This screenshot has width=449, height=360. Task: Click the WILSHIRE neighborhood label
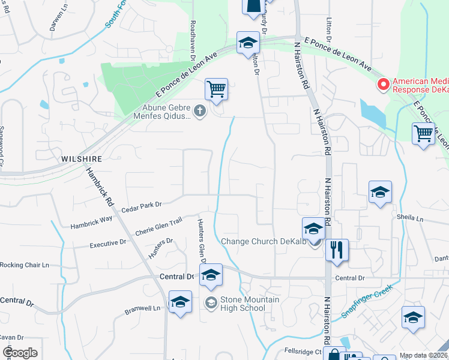coord(81,158)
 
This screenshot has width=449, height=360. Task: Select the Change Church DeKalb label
coord(263,242)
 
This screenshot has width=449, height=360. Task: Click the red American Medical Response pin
coord(382,85)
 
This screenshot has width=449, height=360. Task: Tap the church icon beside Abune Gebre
coord(200,110)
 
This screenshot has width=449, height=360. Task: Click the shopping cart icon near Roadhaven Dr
coord(216,89)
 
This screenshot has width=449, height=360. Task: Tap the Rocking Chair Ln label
coord(24,265)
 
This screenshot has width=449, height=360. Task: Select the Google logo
coord(20,352)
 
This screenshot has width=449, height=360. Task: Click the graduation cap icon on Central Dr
coord(211,275)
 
